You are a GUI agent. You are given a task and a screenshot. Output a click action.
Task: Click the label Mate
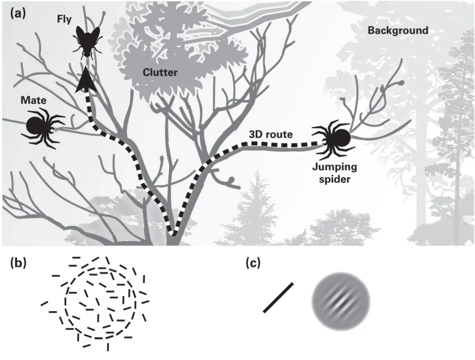coord(33,101)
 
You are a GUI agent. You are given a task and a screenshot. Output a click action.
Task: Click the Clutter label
coord(160,73)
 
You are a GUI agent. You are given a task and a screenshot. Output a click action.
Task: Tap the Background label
coord(398,30)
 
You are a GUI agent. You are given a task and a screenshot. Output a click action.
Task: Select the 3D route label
coord(270,135)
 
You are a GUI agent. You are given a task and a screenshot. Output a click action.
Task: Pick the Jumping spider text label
coord(335,173)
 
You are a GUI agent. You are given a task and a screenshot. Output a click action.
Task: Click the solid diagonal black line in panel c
coord(278,298)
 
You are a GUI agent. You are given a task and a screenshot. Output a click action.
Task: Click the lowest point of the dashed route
coord(173,232)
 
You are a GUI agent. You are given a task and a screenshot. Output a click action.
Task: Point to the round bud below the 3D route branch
coord(232,179)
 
